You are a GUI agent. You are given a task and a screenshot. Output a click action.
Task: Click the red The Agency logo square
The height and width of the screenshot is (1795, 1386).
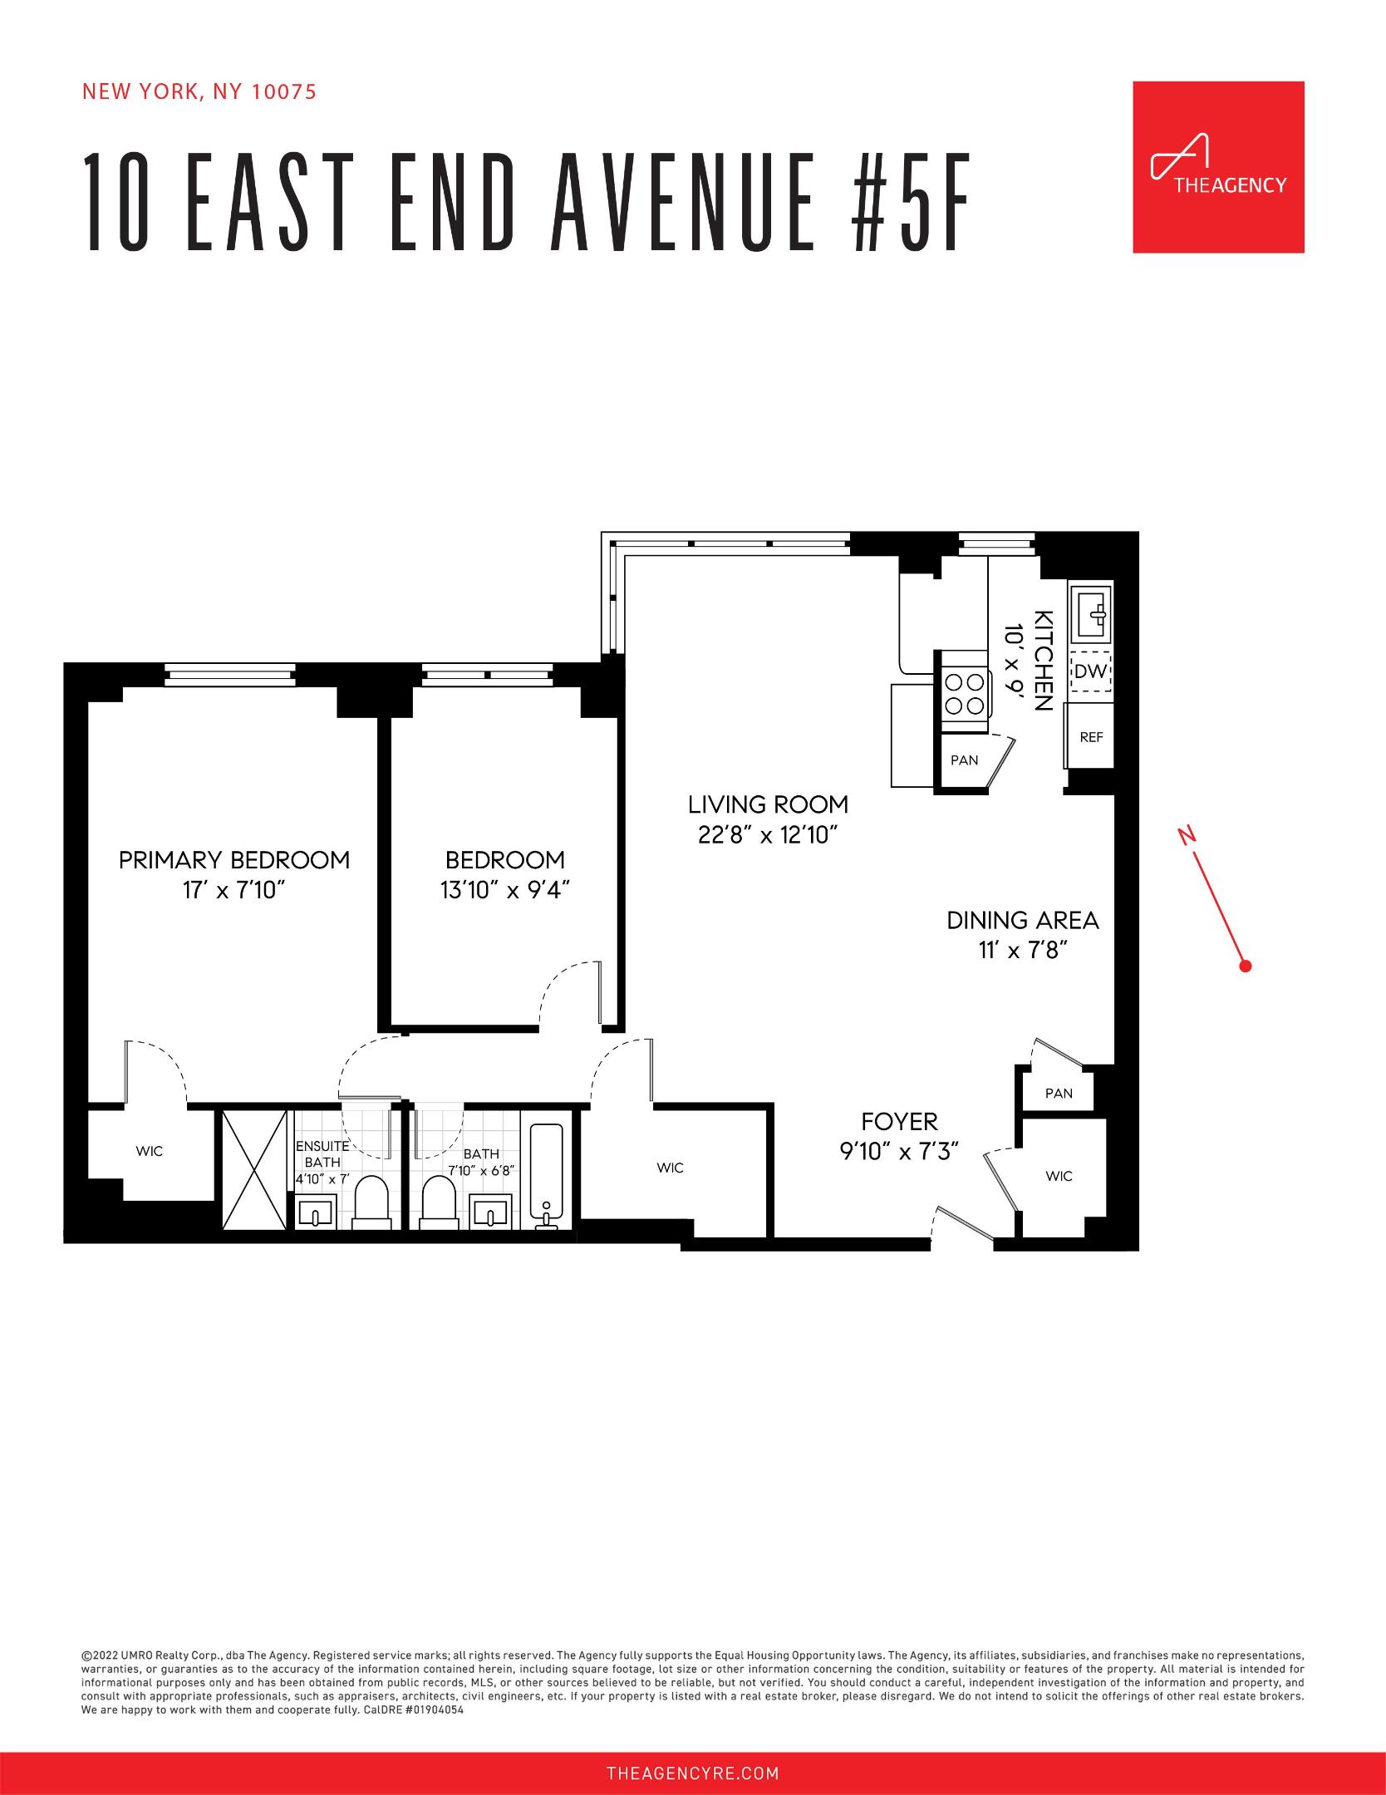point(1218,167)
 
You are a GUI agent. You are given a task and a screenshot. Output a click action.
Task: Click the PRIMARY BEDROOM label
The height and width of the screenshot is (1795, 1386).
point(234,859)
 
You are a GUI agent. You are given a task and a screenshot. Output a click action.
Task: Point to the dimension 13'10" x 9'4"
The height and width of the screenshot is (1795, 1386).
point(504,890)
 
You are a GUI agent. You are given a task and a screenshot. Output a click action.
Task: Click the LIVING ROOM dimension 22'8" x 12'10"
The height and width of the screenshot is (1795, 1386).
point(768,835)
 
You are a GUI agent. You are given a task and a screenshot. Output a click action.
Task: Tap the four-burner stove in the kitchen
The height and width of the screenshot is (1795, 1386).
point(964,694)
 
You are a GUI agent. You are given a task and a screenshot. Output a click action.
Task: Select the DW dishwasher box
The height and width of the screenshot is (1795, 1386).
point(1090,671)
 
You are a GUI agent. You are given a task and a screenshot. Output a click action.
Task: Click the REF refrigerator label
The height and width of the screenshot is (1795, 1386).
point(1090,736)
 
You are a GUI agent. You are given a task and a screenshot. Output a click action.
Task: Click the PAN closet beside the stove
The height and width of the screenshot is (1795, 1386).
point(964,760)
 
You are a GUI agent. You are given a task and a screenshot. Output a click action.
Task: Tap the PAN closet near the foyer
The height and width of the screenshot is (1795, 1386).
point(1058,1093)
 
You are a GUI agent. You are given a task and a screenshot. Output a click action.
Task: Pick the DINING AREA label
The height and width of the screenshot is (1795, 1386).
point(1022,920)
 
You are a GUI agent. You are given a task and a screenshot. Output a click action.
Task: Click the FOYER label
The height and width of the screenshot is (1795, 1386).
point(899,1121)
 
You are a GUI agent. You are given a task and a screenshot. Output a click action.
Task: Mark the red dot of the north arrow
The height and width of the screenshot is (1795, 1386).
point(1245,966)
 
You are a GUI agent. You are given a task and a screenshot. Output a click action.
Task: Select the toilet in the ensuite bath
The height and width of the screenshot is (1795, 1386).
point(371,1201)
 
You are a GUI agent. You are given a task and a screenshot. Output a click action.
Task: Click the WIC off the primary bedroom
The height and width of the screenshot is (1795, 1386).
point(150,1151)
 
